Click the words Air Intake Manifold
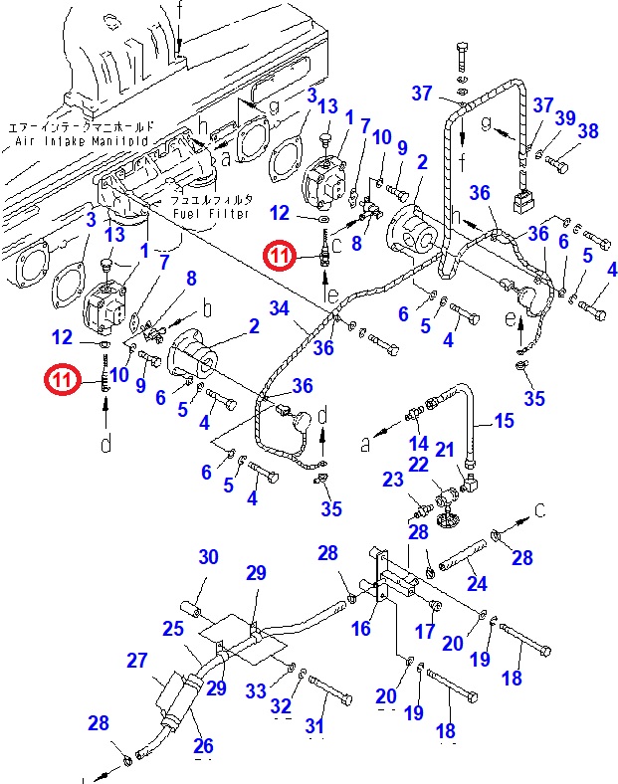coord(82,142)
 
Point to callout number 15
coord(505,421)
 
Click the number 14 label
coord(419,443)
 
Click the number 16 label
coord(362,628)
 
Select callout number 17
coord(425,631)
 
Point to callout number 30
coord(207,557)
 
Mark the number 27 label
coord(136,660)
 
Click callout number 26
coord(202,744)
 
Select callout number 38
coord(587,130)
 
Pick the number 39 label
coord(565,117)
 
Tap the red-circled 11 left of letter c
coord(281,258)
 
